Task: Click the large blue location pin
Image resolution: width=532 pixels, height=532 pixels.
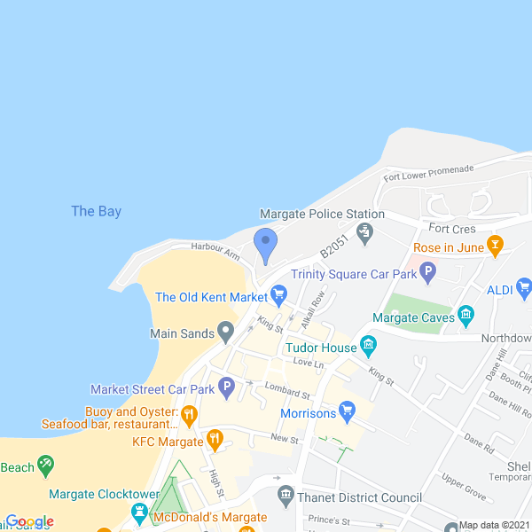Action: click(x=265, y=243)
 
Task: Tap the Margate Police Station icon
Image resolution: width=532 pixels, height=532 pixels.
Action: click(x=364, y=232)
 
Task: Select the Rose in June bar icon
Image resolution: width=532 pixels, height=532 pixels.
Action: click(x=496, y=243)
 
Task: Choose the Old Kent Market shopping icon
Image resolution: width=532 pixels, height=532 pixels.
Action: click(x=278, y=293)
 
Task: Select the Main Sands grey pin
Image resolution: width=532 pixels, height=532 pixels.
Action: click(x=226, y=332)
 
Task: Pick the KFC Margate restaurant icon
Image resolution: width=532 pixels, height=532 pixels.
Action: click(x=214, y=438)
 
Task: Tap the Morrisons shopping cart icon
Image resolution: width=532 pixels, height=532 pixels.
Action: click(x=348, y=411)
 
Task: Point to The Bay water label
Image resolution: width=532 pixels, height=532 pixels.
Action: click(x=96, y=211)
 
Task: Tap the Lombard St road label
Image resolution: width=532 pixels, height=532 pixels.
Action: click(x=286, y=391)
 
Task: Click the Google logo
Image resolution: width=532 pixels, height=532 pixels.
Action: click(x=29, y=521)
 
